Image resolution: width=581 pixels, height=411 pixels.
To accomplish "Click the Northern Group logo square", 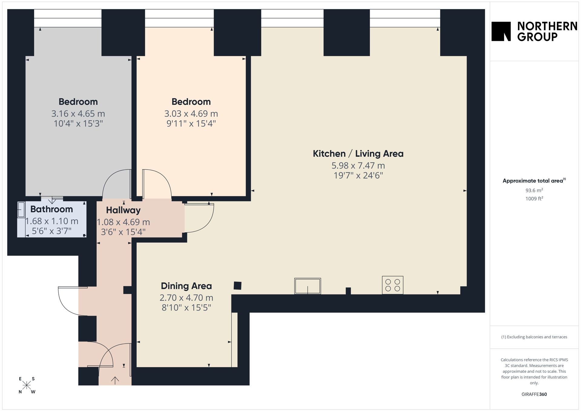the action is click(501, 31).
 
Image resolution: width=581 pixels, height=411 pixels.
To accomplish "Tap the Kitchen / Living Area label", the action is click(358, 154).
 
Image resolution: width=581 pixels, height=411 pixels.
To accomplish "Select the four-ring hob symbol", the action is click(392, 285).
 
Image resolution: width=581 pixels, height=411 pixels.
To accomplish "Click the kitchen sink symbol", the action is click(307, 286).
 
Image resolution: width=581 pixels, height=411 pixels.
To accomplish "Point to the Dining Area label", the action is click(186, 286).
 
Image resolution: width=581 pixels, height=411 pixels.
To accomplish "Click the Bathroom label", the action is click(51, 209).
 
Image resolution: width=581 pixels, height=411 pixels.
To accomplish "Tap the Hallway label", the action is click(123, 210).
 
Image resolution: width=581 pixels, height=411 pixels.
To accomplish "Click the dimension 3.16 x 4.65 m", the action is click(78, 114).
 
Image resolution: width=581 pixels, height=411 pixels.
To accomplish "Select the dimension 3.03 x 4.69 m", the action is click(191, 114).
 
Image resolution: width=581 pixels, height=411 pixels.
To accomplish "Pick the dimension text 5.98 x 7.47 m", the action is click(358, 166).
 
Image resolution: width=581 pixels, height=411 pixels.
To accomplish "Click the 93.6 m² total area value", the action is click(534, 190).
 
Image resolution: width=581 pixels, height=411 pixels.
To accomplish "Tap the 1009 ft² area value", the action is click(534, 199).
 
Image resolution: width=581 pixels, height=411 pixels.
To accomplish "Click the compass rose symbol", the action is click(27, 385).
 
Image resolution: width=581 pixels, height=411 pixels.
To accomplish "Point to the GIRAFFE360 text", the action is click(534, 394).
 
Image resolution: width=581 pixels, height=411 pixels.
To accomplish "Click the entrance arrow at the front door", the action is click(115, 380).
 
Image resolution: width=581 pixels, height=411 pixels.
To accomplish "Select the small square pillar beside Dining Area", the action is click(238, 285).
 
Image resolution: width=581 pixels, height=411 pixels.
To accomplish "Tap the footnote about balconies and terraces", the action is click(534, 337).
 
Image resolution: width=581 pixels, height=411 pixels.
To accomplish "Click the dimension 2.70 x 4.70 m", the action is click(186, 298).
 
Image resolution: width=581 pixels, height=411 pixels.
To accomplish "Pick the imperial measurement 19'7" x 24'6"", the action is click(358, 176).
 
